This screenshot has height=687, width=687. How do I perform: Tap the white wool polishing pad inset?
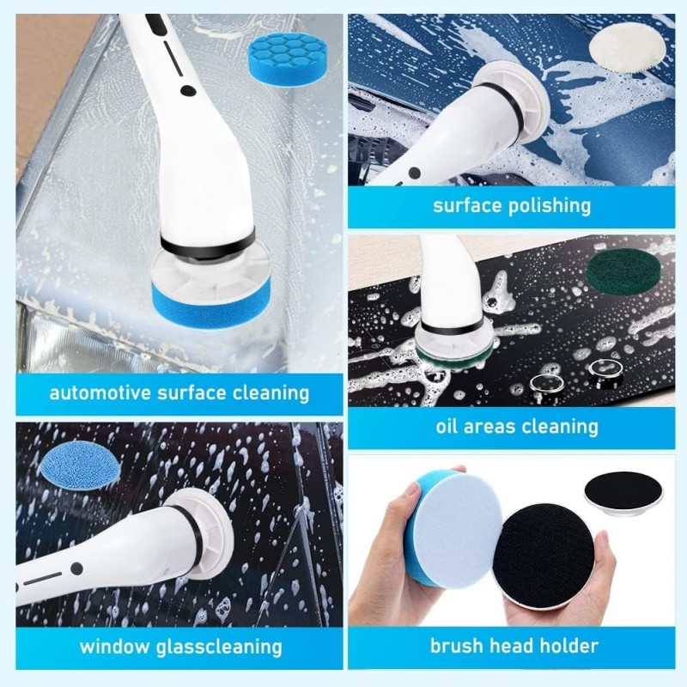[620, 43]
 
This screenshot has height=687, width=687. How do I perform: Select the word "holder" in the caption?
[562, 646]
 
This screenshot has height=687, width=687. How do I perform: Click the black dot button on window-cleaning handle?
[77, 568]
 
